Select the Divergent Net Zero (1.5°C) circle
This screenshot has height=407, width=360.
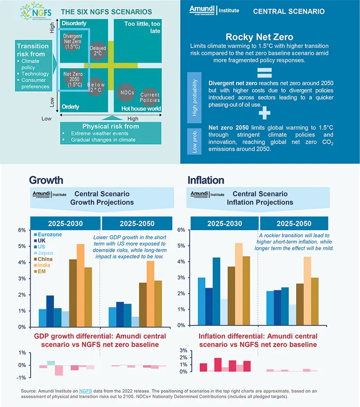(x=72, y=41)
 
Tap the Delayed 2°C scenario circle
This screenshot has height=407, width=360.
(x=98, y=51)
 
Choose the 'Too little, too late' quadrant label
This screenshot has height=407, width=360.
(x=141, y=27)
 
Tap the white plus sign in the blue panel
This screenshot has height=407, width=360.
(x=265, y=113)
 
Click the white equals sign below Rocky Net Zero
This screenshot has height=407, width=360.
(x=265, y=72)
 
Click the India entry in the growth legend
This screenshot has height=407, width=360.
(x=44, y=265)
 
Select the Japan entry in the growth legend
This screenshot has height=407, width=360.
(x=45, y=253)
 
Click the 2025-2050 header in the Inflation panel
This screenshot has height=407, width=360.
(x=295, y=223)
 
